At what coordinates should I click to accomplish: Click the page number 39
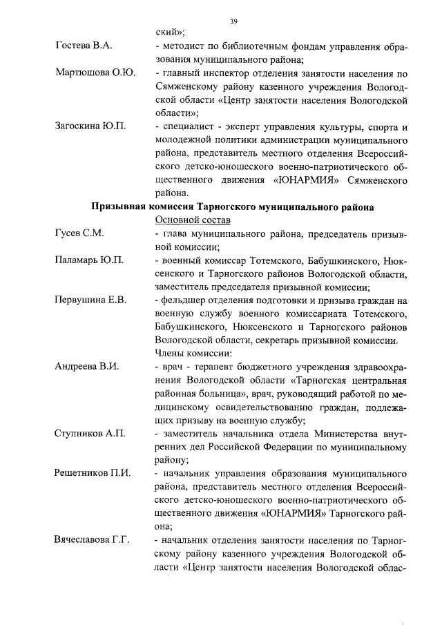(234, 21)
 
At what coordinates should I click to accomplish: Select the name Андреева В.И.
(87, 366)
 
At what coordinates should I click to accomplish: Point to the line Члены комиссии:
(192, 353)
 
